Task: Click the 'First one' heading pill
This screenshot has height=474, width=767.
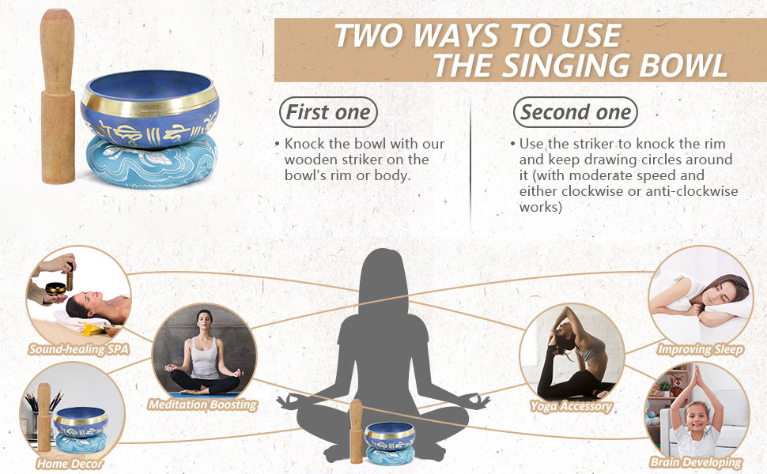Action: (328, 112)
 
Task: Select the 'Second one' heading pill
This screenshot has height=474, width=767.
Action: (576, 112)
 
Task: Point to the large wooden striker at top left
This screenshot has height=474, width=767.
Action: (57, 96)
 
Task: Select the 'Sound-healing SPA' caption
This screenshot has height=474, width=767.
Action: (79, 349)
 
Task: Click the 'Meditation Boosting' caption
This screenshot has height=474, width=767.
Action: (203, 404)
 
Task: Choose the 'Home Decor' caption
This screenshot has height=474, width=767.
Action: (70, 463)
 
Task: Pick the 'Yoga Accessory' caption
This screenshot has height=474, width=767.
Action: (572, 406)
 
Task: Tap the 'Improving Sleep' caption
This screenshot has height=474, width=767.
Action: (701, 349)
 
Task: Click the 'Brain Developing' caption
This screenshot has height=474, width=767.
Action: (696, 462)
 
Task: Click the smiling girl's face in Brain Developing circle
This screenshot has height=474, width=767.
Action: (697, 418)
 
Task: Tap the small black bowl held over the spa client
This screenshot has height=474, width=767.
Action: (56, 288)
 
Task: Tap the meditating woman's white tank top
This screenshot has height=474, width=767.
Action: (205, 359)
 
